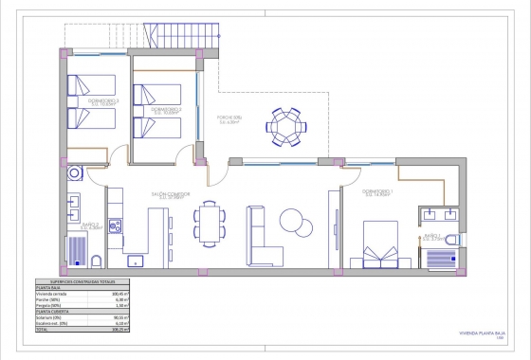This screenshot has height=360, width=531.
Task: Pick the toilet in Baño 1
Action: click(x=451, y=237)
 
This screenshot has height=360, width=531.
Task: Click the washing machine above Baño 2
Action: click(x=76, y=173)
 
